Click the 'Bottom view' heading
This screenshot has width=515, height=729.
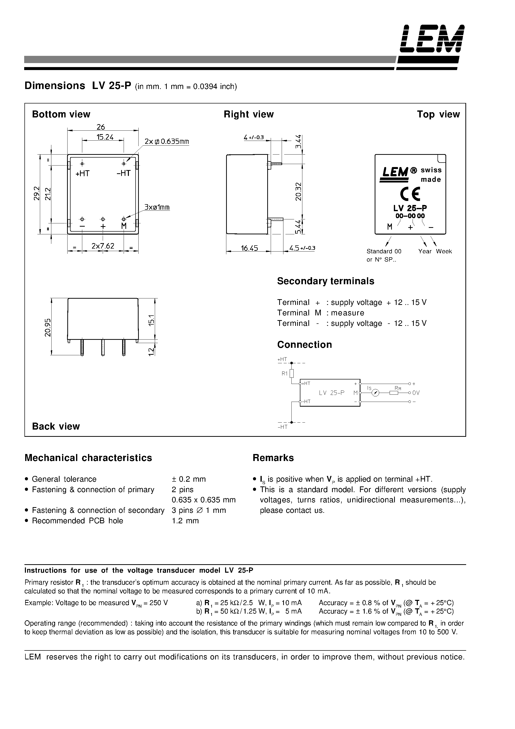point(61,114)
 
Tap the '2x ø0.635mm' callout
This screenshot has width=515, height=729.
point(167,141)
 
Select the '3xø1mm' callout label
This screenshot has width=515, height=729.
point(157,207)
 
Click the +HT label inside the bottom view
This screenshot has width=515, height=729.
point(83,173)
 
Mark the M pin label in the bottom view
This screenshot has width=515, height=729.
point(124,226)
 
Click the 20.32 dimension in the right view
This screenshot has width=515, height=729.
point(298,191)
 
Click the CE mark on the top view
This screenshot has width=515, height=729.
point(410,194)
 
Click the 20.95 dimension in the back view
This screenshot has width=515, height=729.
point(48,327)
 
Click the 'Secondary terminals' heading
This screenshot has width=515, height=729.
point(326,281)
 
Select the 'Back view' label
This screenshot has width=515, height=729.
point(56,426)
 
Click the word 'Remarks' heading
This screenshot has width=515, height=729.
point(273,457)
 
